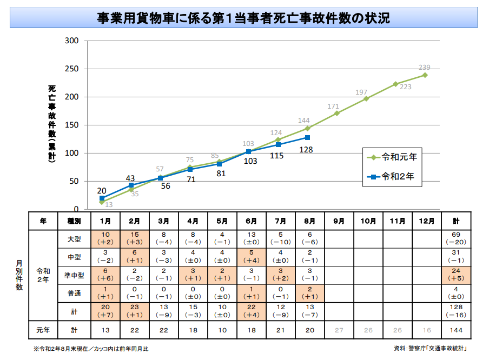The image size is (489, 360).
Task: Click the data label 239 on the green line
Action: [x=425, y=68]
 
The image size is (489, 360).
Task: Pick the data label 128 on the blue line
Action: [x=306, y=149]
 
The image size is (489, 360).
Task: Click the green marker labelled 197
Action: [x=366, y=98]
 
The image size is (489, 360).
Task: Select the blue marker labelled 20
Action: [x=102, y=198]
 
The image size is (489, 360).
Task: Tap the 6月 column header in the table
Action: [x=252, y=221]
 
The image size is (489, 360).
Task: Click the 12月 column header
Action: [x=427, y=221]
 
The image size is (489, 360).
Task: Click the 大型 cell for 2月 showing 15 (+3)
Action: [x=135, y=238]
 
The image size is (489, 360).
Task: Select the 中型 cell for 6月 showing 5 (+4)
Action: [x=252, y=257]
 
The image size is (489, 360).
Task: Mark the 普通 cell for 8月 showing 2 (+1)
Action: [x=310, y=293]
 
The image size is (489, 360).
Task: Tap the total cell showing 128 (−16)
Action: [x=456, y=311]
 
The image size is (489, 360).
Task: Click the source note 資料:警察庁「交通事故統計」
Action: [x=430, y=348]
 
